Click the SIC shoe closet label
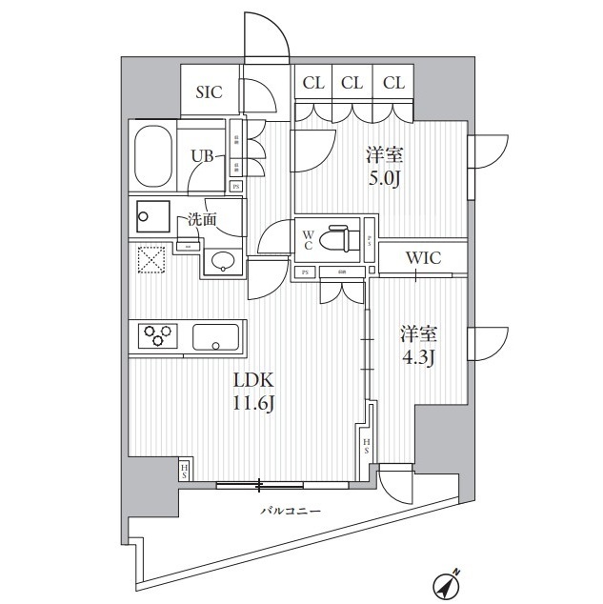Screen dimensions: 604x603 coord(209,92)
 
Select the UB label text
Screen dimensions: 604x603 coord(201,156)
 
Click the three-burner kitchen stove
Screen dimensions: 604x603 coord(159,335)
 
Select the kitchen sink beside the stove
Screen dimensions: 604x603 coord(215,336)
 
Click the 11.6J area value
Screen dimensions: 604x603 coord(254,403)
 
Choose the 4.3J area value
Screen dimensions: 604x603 coord(416,359)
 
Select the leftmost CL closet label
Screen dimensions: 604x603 coord(313,84)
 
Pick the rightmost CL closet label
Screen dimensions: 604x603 coord(393,84)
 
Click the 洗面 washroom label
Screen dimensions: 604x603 coord(202,218)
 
